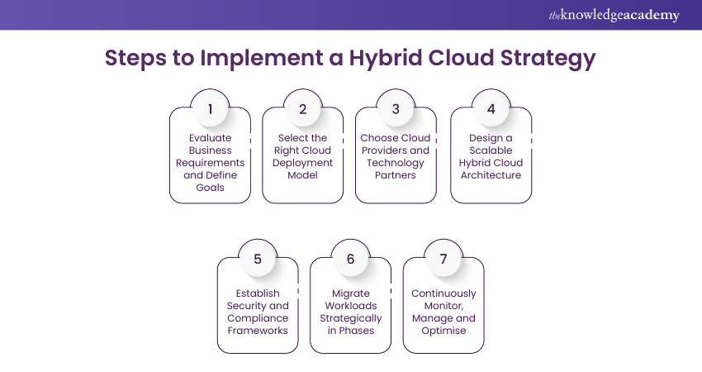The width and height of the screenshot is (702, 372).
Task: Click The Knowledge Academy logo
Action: click(614, 15)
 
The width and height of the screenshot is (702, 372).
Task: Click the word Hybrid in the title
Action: click(386, 58)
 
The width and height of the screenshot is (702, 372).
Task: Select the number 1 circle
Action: click(210, 108)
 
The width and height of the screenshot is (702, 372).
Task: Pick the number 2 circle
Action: click(302, 108)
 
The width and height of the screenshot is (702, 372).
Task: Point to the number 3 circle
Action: click(396, 108)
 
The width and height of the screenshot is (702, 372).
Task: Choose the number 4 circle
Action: click(491, 108)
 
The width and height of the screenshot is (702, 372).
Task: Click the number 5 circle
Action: click(258, 259)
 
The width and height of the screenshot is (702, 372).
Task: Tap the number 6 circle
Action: click(350, 259)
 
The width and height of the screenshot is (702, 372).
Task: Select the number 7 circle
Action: click(443, 259)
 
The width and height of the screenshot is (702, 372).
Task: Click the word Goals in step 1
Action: click(210, 188)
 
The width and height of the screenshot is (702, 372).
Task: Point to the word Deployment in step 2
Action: click(302, 163)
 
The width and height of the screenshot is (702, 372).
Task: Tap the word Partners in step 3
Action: click(396, 175)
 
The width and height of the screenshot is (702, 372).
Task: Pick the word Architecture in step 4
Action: click(491, 175)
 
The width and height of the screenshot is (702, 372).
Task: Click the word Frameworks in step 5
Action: click(258, 331)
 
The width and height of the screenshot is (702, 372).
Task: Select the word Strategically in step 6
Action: click(350, 318)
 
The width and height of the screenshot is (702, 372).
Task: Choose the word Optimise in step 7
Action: click(443, 331)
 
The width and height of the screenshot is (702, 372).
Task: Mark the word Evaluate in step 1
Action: click(210, 138)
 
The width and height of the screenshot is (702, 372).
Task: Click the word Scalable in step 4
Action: click(491, 150)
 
